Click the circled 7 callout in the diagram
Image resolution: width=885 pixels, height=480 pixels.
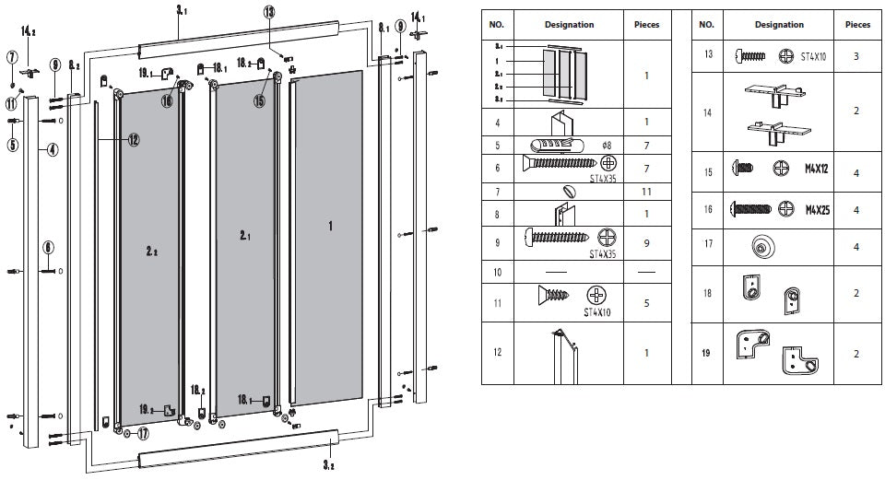(x=12, y=57)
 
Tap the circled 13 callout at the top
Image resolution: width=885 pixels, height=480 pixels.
(x=268, y=12)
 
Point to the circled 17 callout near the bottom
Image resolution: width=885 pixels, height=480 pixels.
(x=143, y=433)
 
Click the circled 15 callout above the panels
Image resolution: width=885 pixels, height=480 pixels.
(x=259, y=100)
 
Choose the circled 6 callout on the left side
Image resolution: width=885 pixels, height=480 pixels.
(x=49, y=247)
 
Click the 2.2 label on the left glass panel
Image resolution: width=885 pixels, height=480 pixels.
(x=151, y=250)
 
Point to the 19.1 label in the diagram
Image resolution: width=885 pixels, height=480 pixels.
(x=146, y=71)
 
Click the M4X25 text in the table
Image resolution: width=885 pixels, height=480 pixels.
(x=818, y=209)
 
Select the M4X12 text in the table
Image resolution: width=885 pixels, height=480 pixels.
(x=818, y=170)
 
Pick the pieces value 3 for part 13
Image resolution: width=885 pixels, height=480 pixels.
(x=856, y=56)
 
